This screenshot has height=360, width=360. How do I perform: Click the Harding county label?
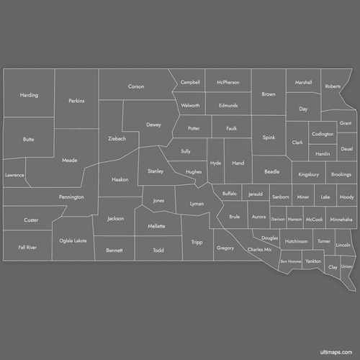tap(29, 95)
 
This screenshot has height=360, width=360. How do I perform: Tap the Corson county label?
tap(136, 86)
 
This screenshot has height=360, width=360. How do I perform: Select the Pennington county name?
tap(72, 197)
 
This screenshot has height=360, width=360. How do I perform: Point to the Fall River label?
tap(27, 247)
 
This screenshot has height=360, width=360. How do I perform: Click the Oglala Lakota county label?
tap(73, 240)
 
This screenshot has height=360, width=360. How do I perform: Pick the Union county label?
tap(346, 266)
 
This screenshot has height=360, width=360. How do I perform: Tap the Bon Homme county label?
tap(291, 261)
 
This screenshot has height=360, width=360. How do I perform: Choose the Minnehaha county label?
tap(341, 219)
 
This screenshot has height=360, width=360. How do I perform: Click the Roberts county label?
tap(333, 86)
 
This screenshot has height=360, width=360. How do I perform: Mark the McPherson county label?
tap(228, 82)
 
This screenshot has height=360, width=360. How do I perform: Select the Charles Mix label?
tap(260, 249)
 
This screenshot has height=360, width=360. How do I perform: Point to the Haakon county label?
tap(120, 179)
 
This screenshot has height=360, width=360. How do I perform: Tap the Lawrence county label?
tap(14, 175)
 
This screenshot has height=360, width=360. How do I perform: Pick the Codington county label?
tap(323, 134)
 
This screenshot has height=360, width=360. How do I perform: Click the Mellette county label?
tap(156, 226)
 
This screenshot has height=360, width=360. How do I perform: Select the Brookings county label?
tap(341, 174)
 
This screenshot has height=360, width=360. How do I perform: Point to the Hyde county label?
tap(215, 163)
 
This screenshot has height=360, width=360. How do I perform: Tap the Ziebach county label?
tap(117, 138)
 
